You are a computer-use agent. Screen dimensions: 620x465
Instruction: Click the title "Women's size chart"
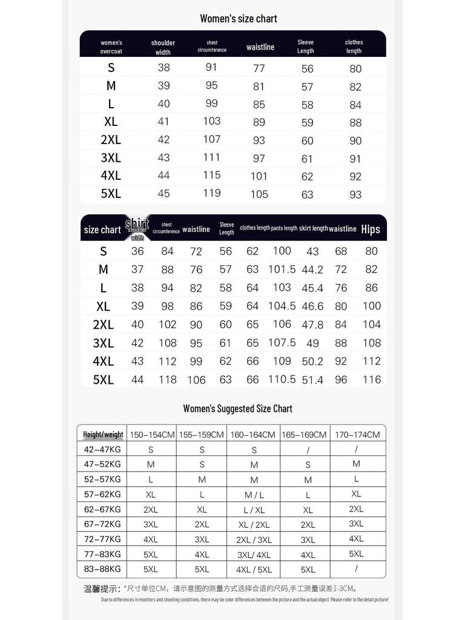[x=239, y=19]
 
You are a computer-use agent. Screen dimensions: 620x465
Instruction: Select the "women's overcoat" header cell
[x=111, y=47]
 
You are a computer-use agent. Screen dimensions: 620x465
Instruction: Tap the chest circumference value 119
[x=212, y=193]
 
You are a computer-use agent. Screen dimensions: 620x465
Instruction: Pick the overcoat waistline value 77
[x=259, y=68]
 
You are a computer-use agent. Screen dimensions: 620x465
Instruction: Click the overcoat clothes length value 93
[x=355, y=194]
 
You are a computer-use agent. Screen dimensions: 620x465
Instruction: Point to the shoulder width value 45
[x=163, y=194]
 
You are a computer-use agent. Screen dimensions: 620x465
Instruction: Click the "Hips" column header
[x=371, y=229]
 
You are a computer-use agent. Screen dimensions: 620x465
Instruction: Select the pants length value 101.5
[x=282, y=269]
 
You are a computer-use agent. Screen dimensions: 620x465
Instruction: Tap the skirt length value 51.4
[x=312, y=380]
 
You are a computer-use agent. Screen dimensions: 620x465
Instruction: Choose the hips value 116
[x=372, y=380]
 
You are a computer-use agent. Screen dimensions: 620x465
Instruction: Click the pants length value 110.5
[x=282, y=379]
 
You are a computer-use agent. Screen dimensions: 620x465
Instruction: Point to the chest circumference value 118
[x=168, y=380]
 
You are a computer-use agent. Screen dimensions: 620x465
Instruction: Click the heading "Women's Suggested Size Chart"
[x=238, y=409]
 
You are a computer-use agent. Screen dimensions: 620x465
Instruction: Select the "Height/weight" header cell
[x=103, y=435]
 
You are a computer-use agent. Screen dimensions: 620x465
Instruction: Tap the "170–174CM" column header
[x=357, y=435]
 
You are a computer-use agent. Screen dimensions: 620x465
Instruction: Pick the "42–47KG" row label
[x=102, y=449]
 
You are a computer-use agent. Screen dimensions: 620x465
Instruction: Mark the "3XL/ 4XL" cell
[x=254, y=555]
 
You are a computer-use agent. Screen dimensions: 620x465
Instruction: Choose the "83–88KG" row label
[x=102, y=569]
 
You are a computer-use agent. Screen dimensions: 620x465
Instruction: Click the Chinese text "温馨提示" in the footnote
[x=101, y=589]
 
